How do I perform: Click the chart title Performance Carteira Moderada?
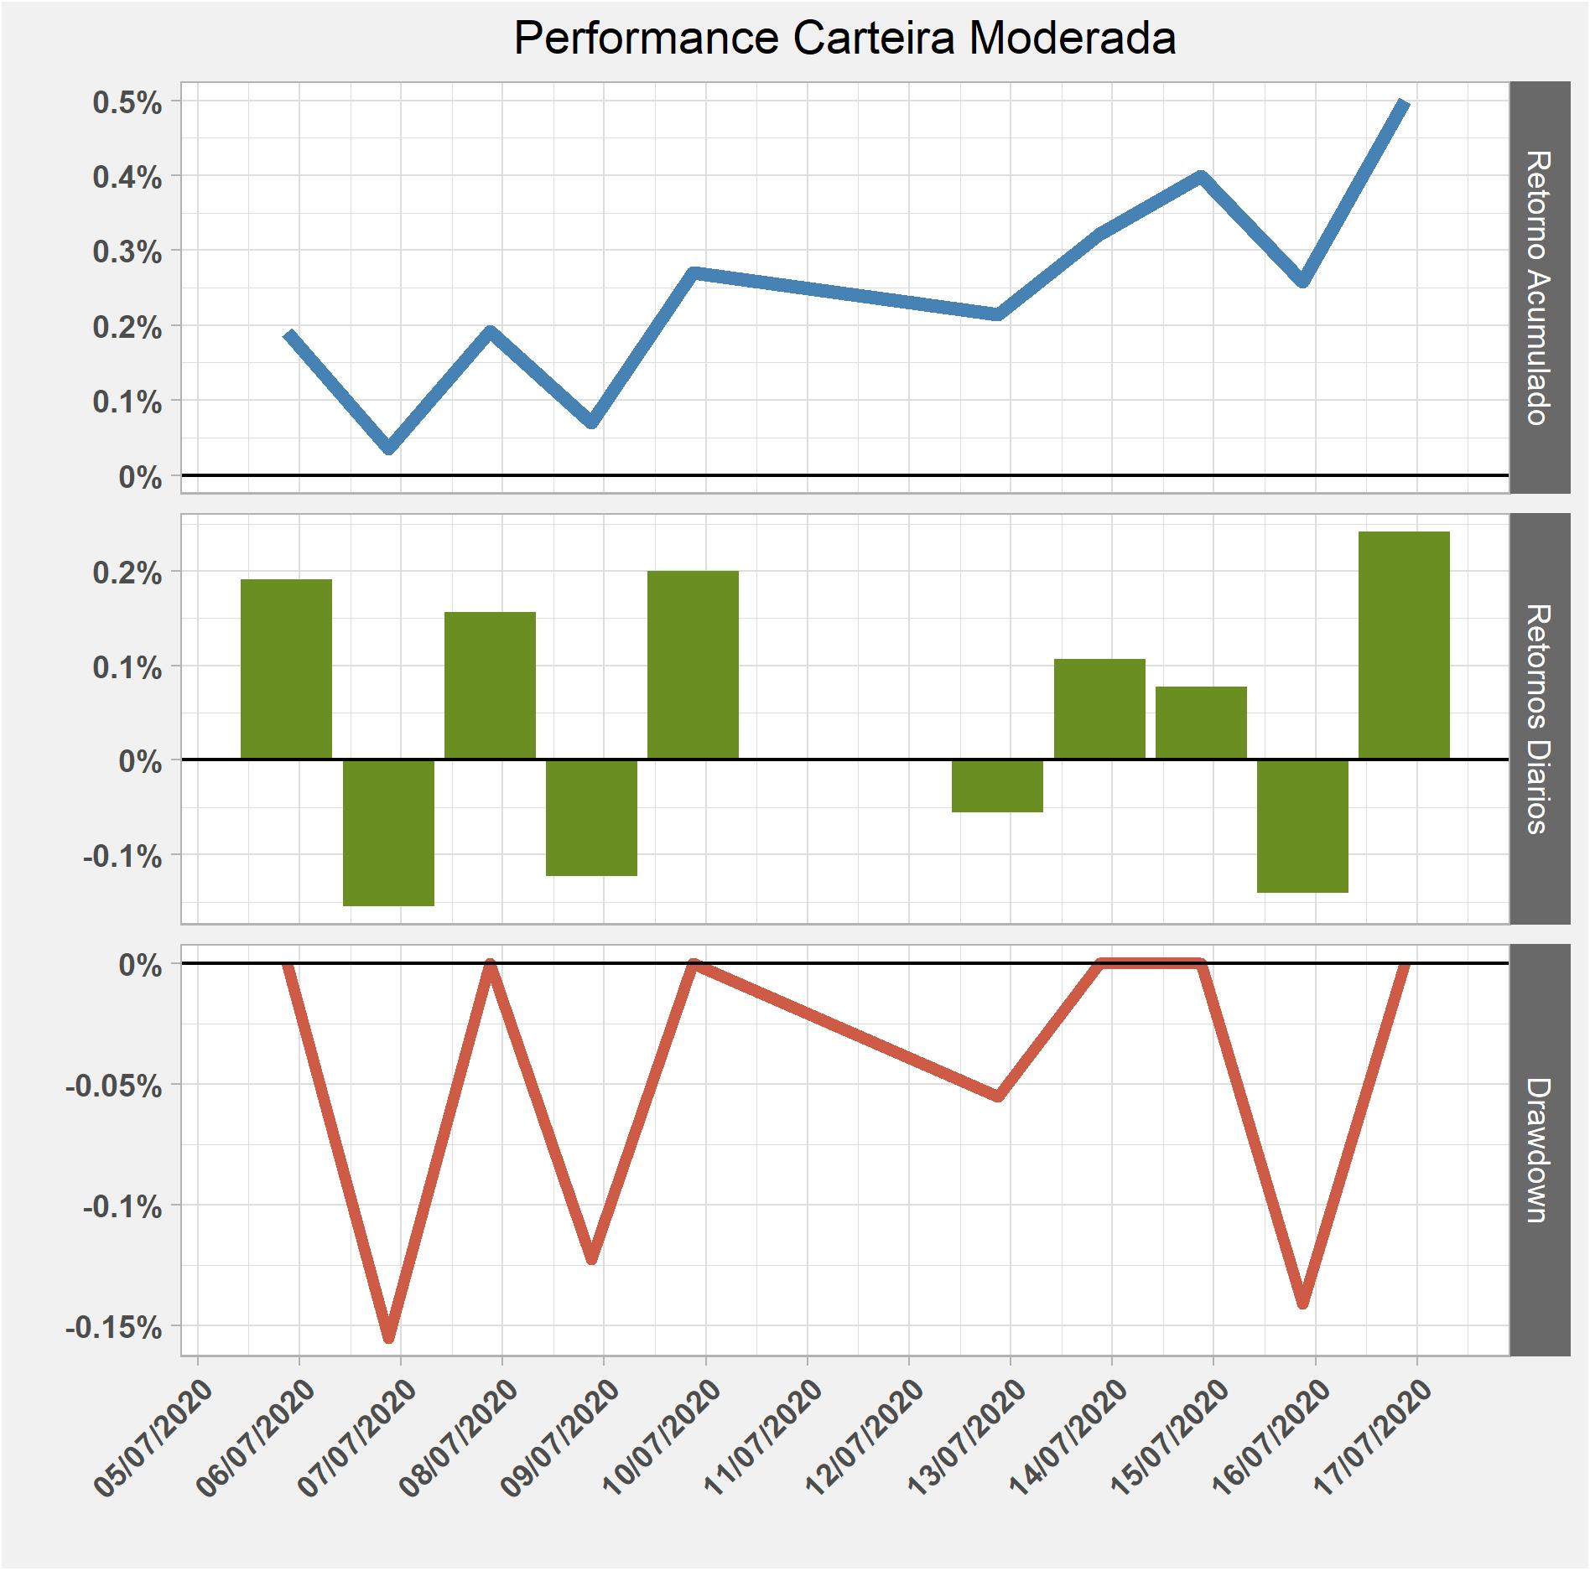pos(844,39)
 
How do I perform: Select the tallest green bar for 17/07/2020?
pos(1404,645)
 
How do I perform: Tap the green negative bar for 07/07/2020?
pos(388,832)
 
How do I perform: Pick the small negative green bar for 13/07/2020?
pos(997,785)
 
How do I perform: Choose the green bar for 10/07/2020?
pos(693,664)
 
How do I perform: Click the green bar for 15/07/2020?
pos(1201,722)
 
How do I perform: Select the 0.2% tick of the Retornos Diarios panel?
pos(127,574)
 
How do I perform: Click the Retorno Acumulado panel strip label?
pos(1539,288)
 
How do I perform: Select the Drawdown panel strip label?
pos(1539,1149)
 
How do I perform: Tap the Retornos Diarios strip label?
pos(1539,718)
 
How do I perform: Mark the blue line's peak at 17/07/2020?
pos(1405,104)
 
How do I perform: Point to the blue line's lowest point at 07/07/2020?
pos(389,447)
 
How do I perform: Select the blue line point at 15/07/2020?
pos(1201,178)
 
